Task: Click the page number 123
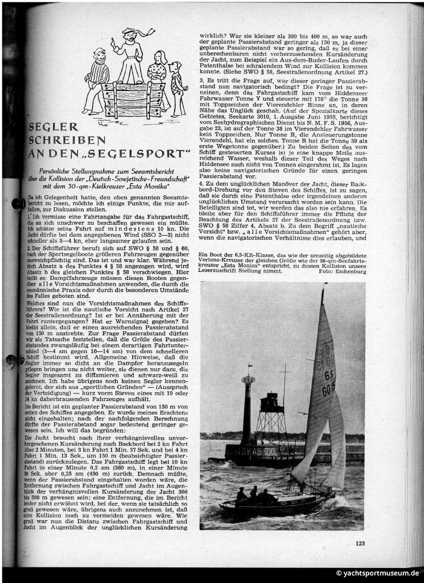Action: [x=359, y=543]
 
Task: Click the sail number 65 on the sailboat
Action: [x=328, y=374]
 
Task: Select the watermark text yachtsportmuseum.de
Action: [x=377, y=574]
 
